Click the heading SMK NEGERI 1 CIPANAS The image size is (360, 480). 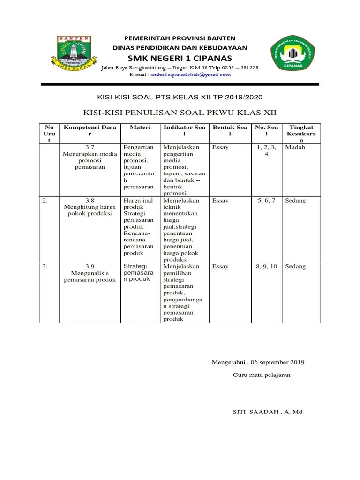(180, 58)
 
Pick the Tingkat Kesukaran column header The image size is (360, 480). (301, 134)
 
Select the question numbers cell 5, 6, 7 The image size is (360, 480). (266, 201)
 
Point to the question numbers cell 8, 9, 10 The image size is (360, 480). (266, 266)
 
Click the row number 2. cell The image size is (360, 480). (45, 201)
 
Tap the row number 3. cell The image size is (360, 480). (45, 266)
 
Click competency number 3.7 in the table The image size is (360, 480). (90, 147)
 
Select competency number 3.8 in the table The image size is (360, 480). (90, 201)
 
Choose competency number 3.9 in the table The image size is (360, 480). (90, 266)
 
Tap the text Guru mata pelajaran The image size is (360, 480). (262, 375)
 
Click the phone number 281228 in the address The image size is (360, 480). (248, 67)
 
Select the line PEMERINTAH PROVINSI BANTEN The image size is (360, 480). (180, 38)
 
